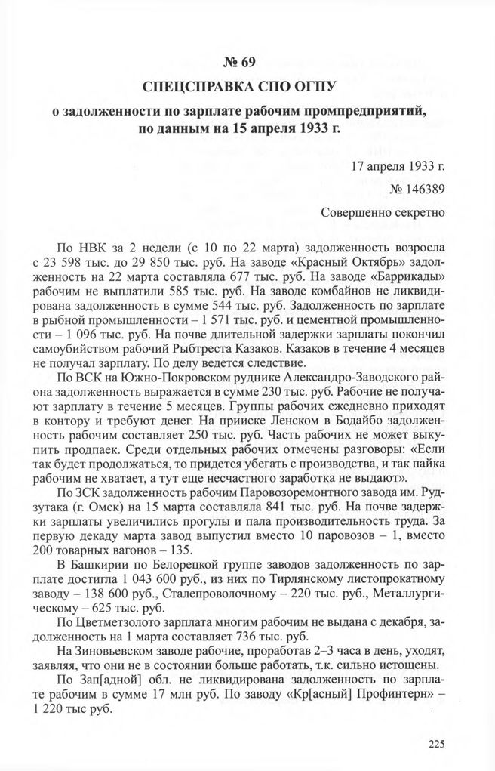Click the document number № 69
247,61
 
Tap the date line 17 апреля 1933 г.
398,165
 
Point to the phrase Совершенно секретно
383,213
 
